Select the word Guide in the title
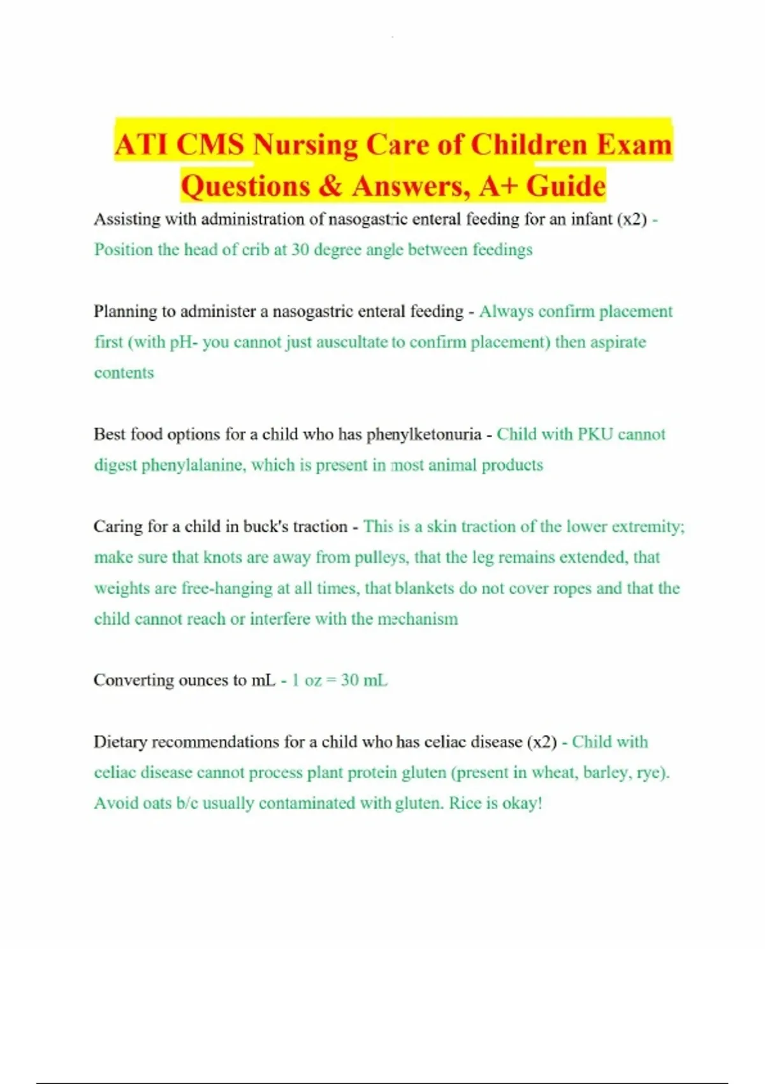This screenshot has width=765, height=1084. coord(565,186)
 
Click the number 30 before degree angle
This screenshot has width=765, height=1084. coord(300,249)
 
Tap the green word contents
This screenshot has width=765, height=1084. coord(124,373)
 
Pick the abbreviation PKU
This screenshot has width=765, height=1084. coord(595,434)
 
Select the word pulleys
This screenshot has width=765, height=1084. coord(380,557)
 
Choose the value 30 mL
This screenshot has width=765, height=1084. coord(363,680)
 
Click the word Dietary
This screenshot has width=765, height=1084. coord(120,742)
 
